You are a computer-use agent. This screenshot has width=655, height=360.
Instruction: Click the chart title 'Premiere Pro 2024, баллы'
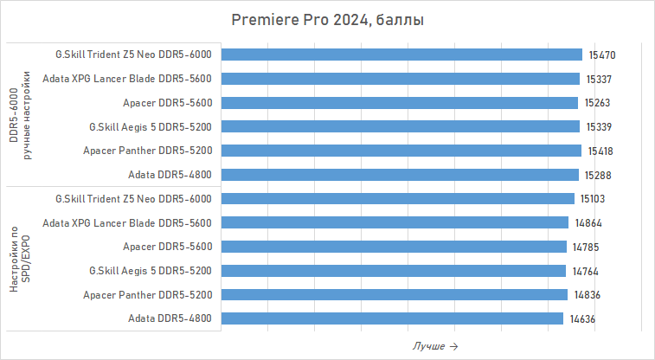(328, 19)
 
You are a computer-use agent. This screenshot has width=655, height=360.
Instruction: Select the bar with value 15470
(401, 55)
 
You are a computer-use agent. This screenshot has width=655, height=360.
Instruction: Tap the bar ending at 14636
(392, 318)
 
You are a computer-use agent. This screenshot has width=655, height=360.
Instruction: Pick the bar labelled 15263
(399, 102)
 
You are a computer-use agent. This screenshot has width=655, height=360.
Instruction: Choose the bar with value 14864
(395, 222)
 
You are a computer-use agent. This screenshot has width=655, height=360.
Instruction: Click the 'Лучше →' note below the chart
(435, 346)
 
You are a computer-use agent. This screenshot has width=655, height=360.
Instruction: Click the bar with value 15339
(400, 126)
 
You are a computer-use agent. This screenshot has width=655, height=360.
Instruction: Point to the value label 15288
(598, 175)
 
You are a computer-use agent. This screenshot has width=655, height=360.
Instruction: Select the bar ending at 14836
(395, 294)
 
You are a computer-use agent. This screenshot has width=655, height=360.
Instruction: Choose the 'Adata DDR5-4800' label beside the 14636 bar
(170, 318)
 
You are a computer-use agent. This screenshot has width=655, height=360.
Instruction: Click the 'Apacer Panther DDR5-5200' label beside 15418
(147, 151)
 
